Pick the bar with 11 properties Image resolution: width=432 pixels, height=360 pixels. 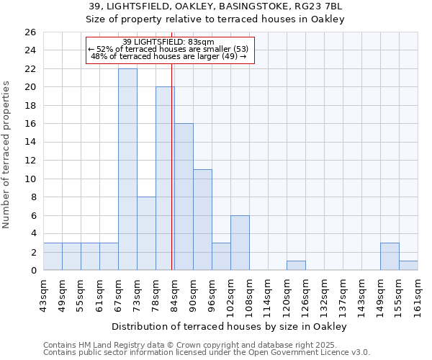click(202, 220)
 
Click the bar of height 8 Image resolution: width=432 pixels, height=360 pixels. click(146, 233)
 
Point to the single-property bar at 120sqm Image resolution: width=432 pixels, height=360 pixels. click(296, 266)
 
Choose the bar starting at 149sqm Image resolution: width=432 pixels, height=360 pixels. click(390, 256)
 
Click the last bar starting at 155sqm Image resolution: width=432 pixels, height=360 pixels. click(408, 266)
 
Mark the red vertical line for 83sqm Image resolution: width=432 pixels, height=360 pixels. click(172, 166)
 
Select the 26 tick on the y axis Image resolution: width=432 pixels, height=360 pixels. click(30, 32)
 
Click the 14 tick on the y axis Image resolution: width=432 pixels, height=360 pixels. click(30, 142)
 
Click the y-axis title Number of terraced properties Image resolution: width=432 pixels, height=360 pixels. click(6, 155)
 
